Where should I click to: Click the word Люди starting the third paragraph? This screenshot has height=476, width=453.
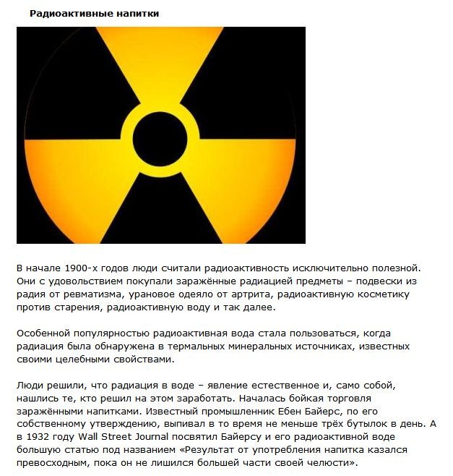pyautogui.click(x=30, y=386)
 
